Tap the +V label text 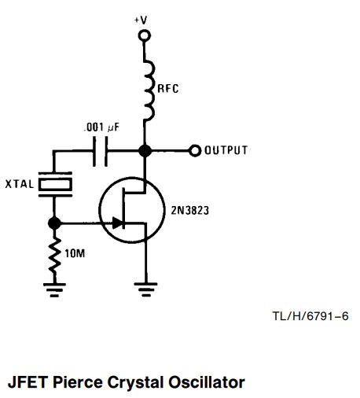coord(141,20)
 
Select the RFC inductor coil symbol coord(149,90)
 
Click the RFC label coord(168,89)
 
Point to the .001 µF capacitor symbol coord(100,151)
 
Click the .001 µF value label coord(101,127)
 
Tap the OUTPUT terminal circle coord(195,151)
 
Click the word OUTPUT coord(226,150)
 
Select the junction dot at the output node coord(145,151)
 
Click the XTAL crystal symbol coord(55,184)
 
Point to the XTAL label coord(20,184)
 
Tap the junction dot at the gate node coord(54,223)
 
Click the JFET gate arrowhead coord(117,223)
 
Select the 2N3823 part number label coord(190,210)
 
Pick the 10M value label coord(75,253)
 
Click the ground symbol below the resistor coord(54,289)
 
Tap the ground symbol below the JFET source coord(145,289)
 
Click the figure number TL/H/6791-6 coord(310,316)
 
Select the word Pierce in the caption coord(78,382)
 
